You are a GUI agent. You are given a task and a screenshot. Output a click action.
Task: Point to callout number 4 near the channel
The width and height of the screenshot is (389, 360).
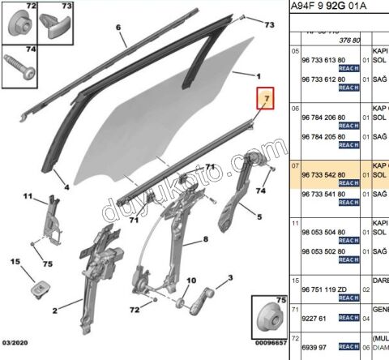tap(66, 187)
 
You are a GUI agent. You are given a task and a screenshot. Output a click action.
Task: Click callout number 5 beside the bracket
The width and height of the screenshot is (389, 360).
tap(260, 216)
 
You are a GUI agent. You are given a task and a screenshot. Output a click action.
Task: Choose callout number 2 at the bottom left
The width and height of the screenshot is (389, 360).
tap(55, 311)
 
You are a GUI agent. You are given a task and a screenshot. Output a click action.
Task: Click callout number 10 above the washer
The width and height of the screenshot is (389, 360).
tap(190, 281)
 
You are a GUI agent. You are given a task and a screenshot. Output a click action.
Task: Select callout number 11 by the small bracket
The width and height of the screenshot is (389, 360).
tap(28, 197)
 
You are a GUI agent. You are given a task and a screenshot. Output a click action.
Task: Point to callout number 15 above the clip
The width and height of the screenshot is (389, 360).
tap(15, 261)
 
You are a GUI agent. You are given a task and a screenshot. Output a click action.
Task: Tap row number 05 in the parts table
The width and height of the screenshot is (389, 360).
tap(296, 50)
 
